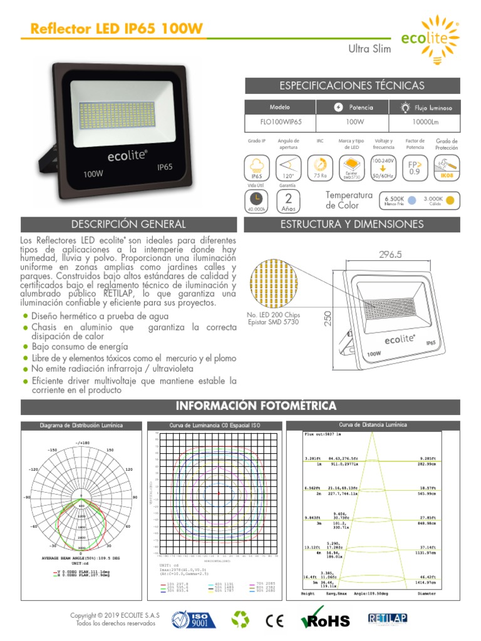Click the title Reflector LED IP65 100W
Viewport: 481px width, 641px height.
pos(116,29)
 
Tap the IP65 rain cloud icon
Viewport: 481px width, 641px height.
pos(256,167)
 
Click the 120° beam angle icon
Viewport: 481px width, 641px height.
pos(289,167)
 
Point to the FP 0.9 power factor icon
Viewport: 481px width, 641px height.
pos(414,167)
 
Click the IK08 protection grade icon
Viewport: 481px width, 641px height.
pos(447,167)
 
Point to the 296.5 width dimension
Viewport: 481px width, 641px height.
pos(390,255)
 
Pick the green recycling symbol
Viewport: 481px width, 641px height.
pos(240,620)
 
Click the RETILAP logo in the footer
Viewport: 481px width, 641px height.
pos(388,618)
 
